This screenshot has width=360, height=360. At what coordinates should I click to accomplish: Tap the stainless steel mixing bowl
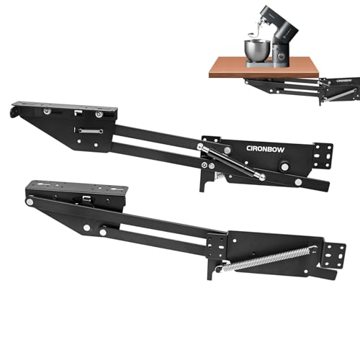[x=257, y=50]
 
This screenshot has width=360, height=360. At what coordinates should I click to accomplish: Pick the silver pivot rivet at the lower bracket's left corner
[x=30, y=202]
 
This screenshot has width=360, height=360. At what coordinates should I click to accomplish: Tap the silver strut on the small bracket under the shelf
[x=346, y=92]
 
